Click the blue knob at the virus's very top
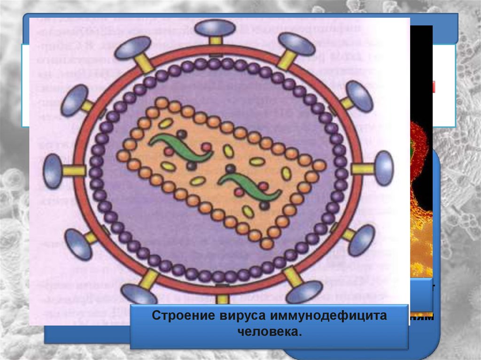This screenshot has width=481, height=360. (215, 28)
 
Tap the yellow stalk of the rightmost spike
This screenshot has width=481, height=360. (363, 169)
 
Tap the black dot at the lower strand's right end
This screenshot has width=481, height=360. (264, 205)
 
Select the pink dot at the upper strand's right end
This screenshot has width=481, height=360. (206, 147)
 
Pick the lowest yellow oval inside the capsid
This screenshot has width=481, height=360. (248, 212)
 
